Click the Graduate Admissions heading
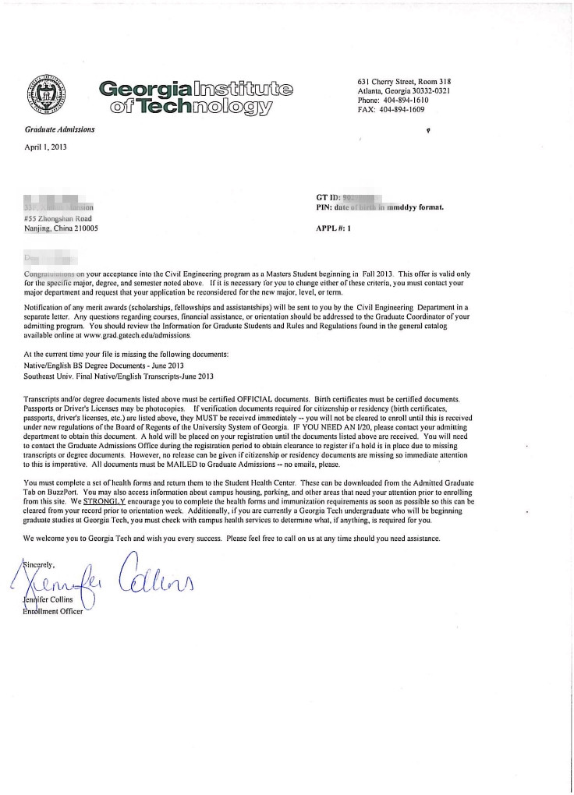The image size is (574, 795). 59,129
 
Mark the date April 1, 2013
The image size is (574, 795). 46,147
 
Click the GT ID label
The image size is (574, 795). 321,199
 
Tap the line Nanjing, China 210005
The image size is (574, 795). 62,229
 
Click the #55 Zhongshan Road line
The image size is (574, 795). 58,219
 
